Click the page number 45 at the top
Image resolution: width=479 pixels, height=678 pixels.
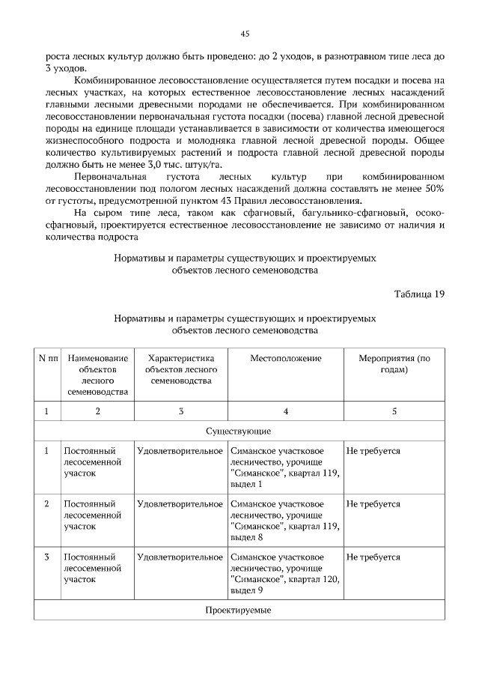pos(245,34)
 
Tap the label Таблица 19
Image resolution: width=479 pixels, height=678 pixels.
pos(419,293)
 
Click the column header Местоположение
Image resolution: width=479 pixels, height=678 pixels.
pos(286,358)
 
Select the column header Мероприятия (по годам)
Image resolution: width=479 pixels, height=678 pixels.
pos(394,363)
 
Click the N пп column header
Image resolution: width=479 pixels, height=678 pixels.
pos(47,358)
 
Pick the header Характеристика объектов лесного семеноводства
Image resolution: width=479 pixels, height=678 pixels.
pos(180,369)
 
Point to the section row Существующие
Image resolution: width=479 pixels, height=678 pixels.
pos(238,432)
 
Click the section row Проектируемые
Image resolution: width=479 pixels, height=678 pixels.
pos(238,610)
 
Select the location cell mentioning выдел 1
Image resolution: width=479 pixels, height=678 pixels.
pos(284,467)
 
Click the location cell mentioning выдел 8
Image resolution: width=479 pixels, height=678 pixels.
pos(284,521)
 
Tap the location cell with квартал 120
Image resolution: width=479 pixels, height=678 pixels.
pos(284,573)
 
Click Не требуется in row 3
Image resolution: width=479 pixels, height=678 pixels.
pos(373,557)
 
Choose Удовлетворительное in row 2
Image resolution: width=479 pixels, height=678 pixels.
pos(180,504)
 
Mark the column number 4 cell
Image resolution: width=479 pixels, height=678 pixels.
pos(286,411)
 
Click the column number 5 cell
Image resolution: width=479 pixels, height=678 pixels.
pos(394,411)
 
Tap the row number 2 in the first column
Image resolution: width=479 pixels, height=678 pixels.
pos(47,504)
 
